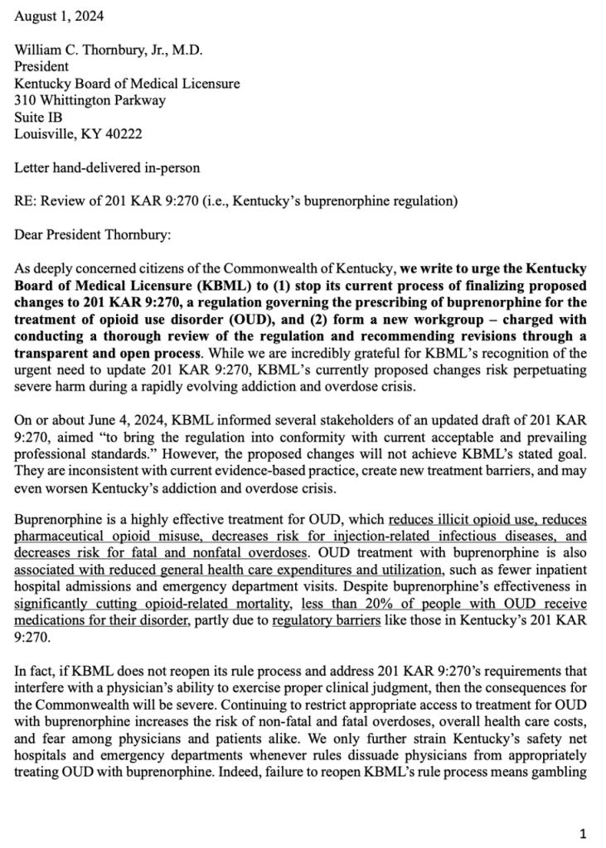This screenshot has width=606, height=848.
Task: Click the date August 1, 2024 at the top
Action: click(x=59, y=16)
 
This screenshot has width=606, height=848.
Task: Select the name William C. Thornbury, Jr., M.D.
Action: click(x=109, y=50)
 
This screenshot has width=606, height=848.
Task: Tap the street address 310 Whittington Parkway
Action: click(x=90, y=100)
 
